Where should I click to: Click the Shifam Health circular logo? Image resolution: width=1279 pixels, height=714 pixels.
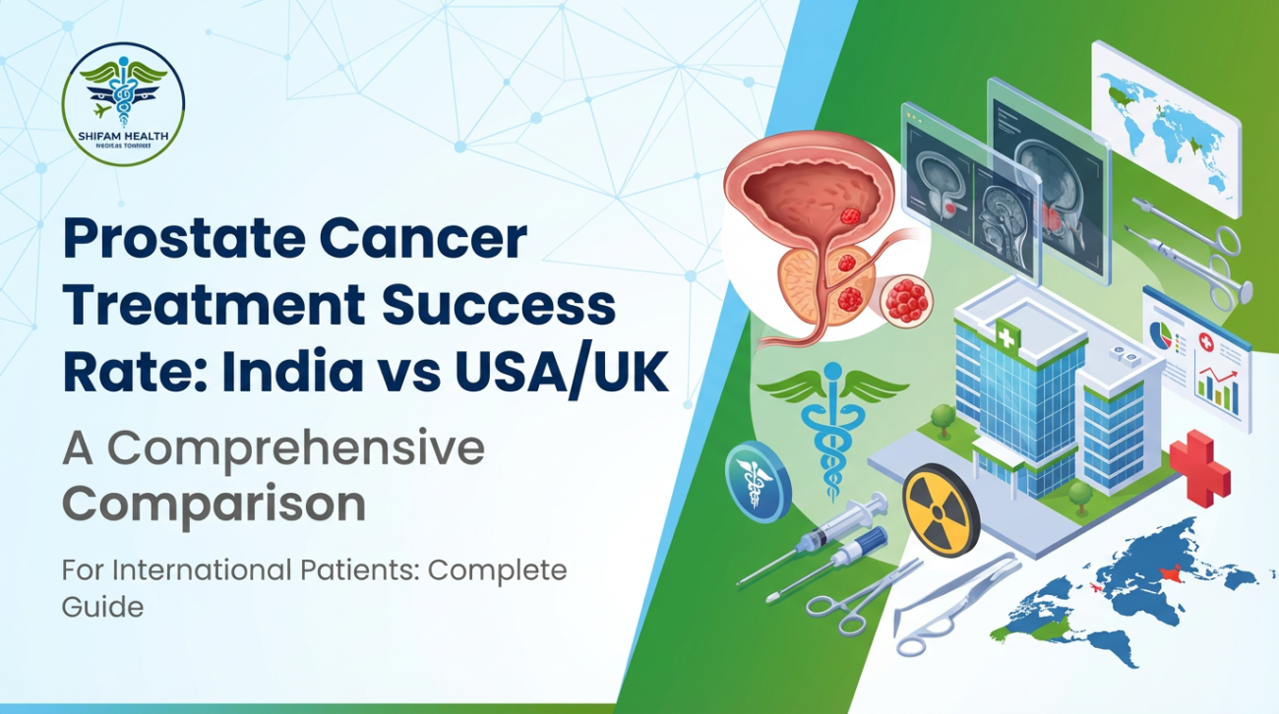(123, 103)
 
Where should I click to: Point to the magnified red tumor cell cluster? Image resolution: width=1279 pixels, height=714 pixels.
(906, 299)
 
